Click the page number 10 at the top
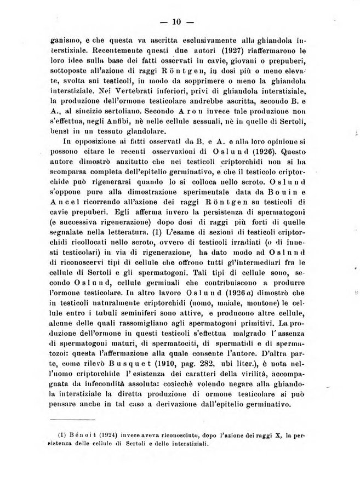click(x=176, y=22)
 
